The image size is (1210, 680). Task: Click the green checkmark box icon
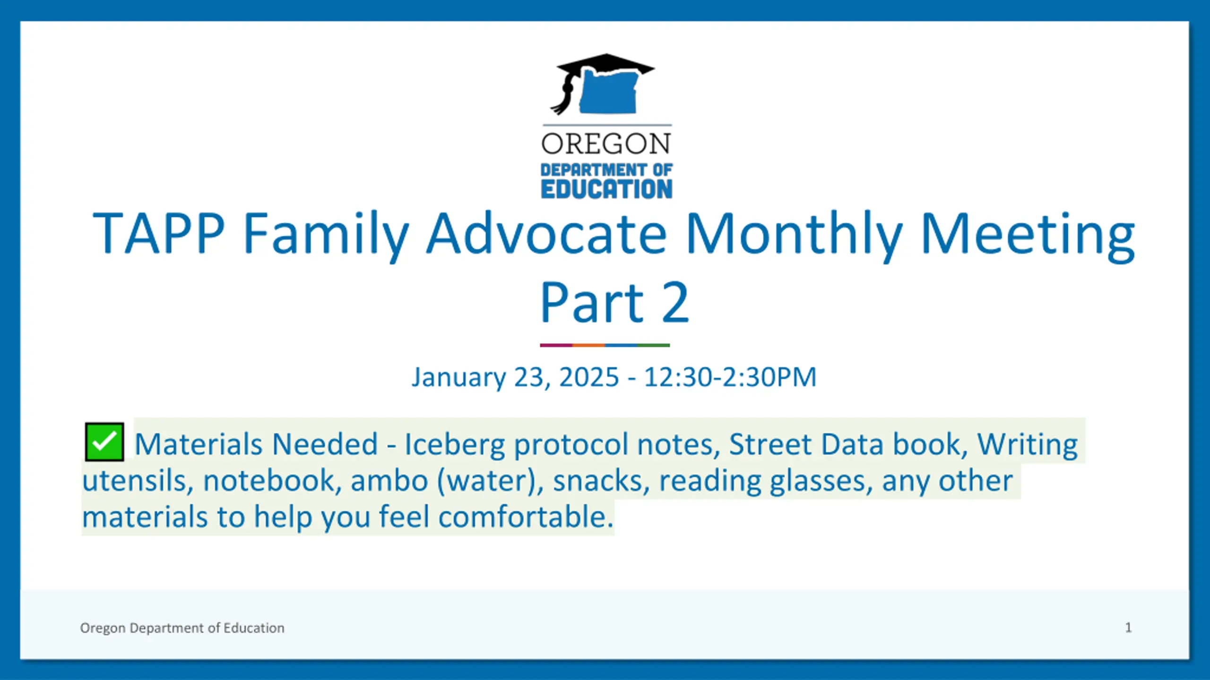[104, 442]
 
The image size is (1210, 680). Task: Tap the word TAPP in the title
[158, 234]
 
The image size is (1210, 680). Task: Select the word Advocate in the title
[546, 234]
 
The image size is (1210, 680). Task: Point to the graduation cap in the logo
[603, 83]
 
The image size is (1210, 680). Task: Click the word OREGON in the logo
[606, 144]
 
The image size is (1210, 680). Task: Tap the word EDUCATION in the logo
[606, 189]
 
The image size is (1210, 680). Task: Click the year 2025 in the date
[589, 377]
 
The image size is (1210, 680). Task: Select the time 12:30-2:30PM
[730, 377]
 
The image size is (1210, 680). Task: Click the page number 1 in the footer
[1128, 628]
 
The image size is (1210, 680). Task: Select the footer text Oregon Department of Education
[182, 628]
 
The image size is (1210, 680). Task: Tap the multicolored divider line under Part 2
[605, 345]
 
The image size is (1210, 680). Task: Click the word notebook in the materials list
[272, 481]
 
